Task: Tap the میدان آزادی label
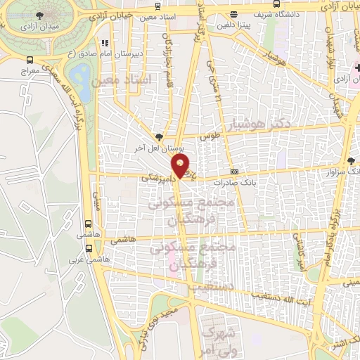tap(36, 26)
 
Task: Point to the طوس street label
tap(207, 136)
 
